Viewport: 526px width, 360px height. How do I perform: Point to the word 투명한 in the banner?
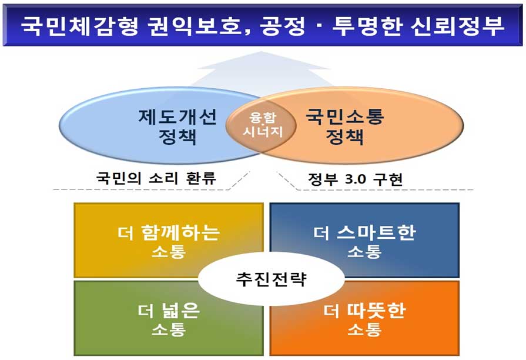pos(367,26)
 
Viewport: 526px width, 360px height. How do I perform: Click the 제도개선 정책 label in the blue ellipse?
pos(177,127)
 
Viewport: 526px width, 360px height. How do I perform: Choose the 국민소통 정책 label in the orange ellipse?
pos(345,127)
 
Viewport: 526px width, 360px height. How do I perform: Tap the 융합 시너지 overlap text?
pos(263,125)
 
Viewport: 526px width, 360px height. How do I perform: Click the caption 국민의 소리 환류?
pos(156,178)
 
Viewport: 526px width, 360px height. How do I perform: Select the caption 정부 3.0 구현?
pos(355,179)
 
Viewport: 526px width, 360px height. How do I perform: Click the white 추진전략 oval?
pos(271,279)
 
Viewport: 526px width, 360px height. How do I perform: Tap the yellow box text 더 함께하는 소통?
pos(169,241)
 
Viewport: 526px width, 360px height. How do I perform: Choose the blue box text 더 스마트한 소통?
pos(364,241)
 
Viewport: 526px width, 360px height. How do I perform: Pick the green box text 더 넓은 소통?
pos(169,319)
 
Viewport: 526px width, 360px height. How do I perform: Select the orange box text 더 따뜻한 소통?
pos(364,319)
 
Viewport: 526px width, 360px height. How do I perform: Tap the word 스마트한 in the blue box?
pos(376,232)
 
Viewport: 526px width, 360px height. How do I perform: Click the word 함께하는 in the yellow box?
pos(180,232)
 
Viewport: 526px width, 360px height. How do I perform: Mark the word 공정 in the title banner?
pos(283,26)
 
